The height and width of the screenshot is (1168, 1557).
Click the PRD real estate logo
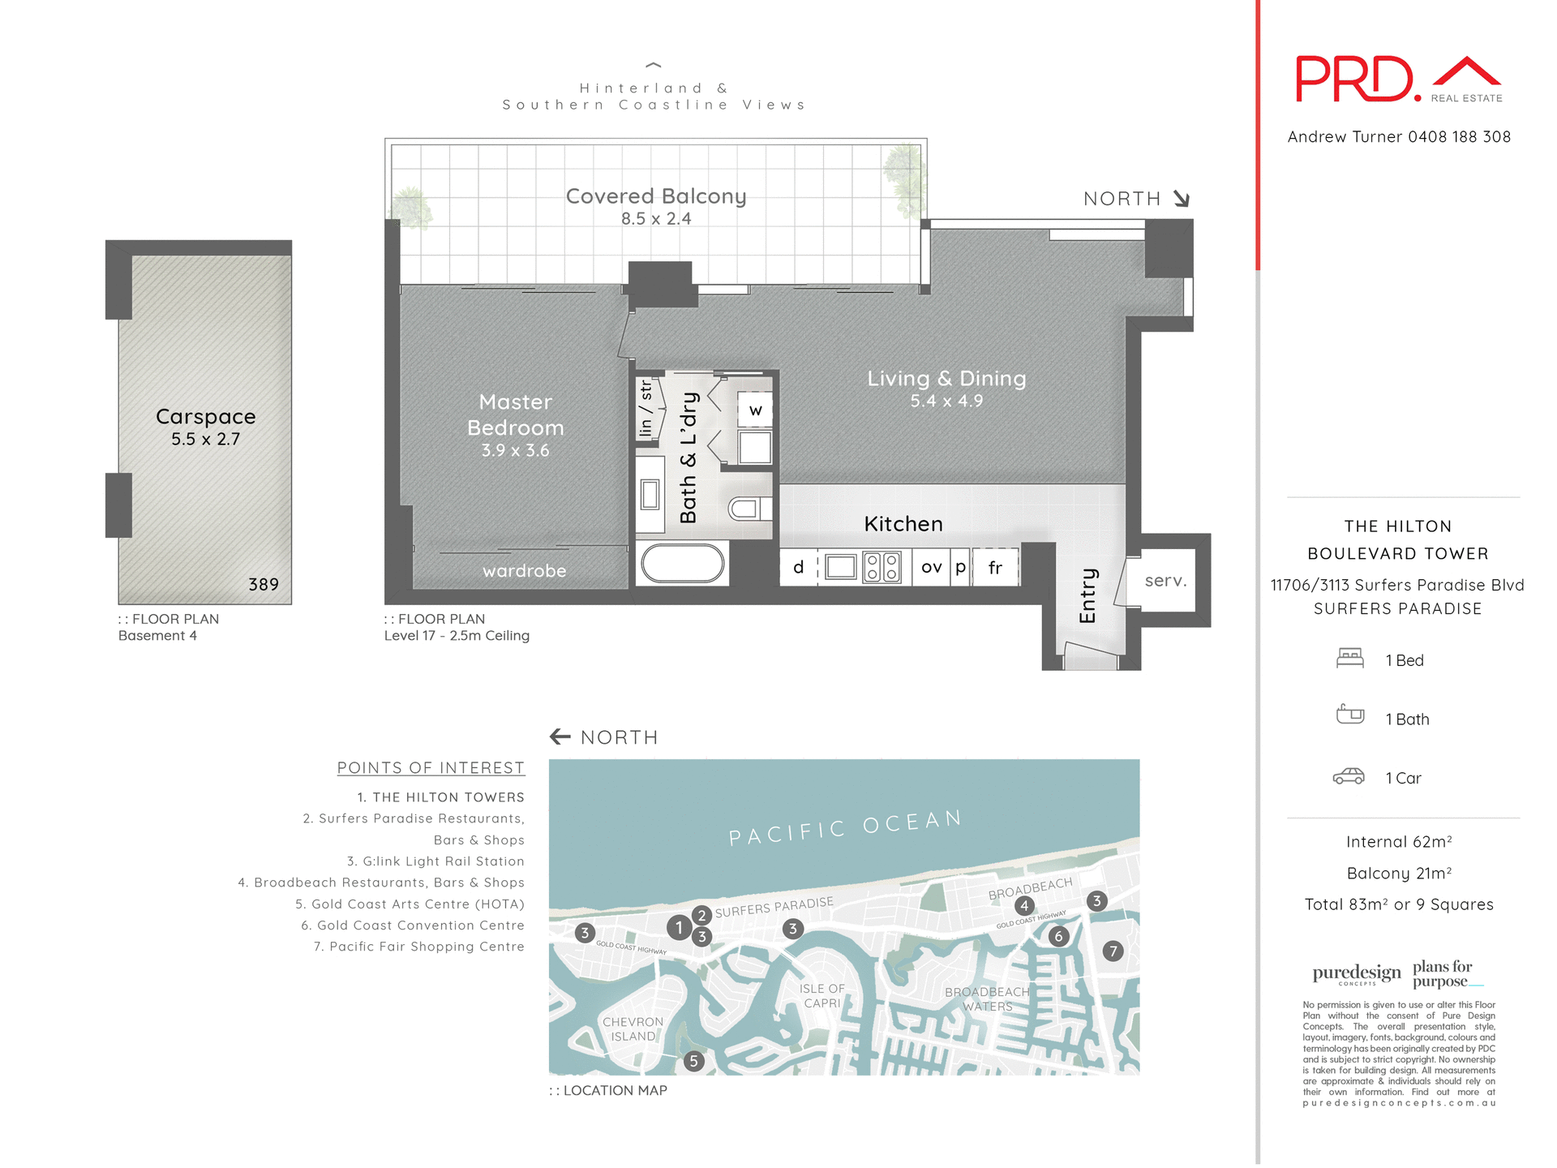[x=1397, y=79]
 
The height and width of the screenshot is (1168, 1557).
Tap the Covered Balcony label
[x=655, y=197]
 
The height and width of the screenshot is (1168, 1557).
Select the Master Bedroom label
[x=515, y=414]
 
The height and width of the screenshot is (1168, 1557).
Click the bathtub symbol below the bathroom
[x=682, y=563]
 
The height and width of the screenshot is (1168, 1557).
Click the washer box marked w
[x=755, y=410]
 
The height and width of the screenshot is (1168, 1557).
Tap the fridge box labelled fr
[x=995, y=568]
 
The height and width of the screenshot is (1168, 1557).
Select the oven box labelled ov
[x=931, y=567]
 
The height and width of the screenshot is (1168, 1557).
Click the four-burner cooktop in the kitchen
[x=881, y=567]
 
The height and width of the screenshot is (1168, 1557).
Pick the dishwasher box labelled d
[x=798, y=567]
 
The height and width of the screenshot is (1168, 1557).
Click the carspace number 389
[x=264, y=585]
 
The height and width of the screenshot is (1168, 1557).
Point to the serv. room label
[x=1165, y=581]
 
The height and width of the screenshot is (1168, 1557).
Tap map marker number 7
[x=1113, y=951]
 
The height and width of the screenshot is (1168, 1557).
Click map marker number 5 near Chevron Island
[x=693, y=1061]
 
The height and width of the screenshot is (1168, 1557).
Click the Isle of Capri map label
[x=821, y=995]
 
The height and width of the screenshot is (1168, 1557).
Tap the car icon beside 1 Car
[x=1349, y=777]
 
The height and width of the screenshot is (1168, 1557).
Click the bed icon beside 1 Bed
[x=1349, y=658]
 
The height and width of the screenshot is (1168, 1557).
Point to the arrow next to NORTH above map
[x=560, y=736]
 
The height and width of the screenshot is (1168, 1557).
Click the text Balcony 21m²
[x=1398, y=874]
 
